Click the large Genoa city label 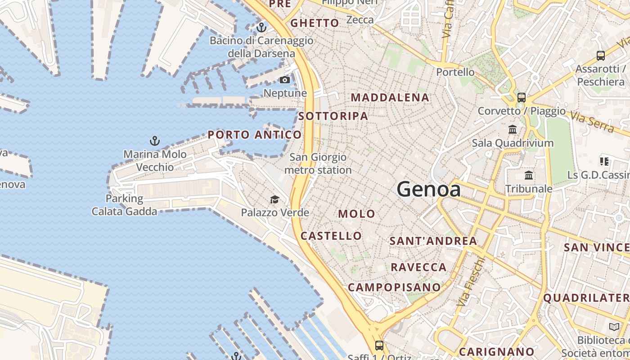click(x=428, y=189)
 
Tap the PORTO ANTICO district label click(x=254, y=135)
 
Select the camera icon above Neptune click(x=285, y=80)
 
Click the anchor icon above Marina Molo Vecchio click(x=155, y=141)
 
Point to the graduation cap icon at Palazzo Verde click(x=274, y=199)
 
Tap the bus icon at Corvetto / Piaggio click(x=522, y=97)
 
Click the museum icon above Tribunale click(x=529, y=175)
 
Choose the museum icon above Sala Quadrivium click(x=513, y=130)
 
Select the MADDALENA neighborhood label click(x=390, y=98)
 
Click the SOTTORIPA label click(x=333, y=116)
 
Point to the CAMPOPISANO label click(x=394, y=287)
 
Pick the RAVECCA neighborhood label click(x=418, y=267)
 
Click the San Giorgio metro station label click(x=318, y=164)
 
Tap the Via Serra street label click(x=592, y=121)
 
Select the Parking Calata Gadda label click(x=125, y=205)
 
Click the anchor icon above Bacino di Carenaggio click(x=261, y=28)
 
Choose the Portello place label click(x=455, y=72)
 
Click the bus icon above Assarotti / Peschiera click(x=601, y=56)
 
